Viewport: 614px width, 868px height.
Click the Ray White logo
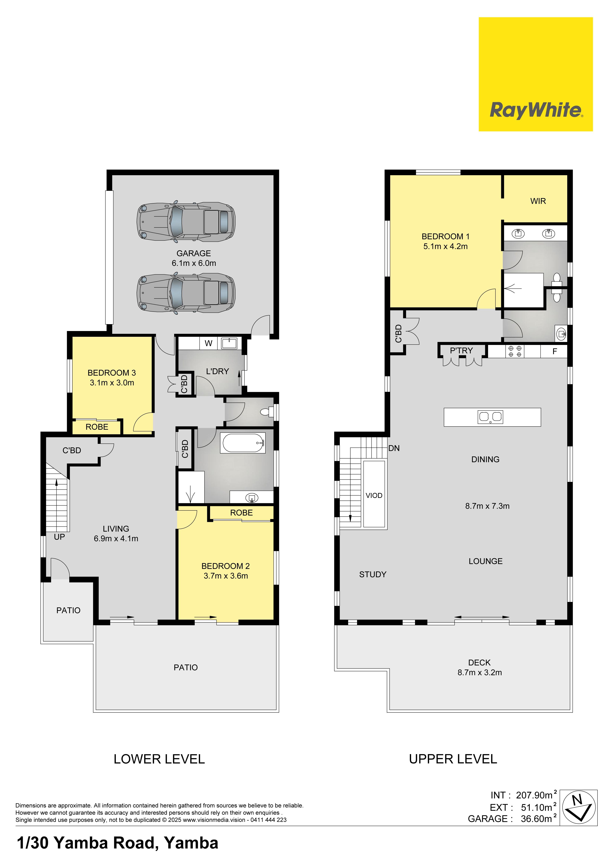pos(535,74)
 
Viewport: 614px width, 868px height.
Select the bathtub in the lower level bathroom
pos(244,443)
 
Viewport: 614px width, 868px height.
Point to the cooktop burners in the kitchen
pos(515,351)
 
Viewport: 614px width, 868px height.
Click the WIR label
pos(538,201)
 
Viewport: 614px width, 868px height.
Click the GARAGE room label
pos(194,253)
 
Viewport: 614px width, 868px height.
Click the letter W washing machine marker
pos(208,343)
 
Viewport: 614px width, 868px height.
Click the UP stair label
pos(59,537)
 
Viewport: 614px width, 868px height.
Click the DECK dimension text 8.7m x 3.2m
pos(480,673)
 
